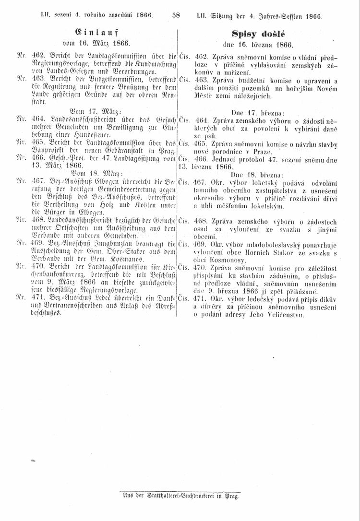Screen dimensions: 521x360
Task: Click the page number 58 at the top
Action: point(176,15)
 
